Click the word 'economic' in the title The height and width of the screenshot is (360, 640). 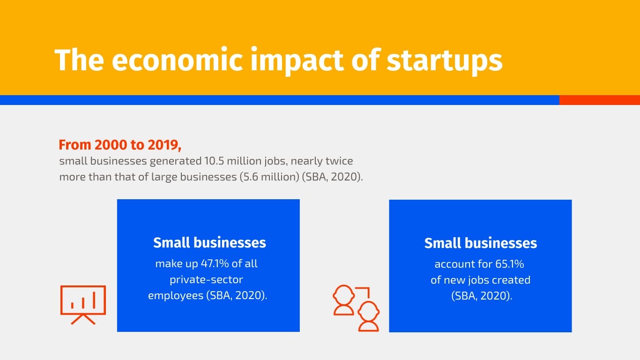[x=177, y=60]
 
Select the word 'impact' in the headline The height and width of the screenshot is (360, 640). [x=297, y=61]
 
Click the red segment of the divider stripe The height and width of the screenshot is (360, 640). [x=599, y=100]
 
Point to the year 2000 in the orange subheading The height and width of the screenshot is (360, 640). [x=111, y=145]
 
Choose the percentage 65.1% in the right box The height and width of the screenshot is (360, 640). [x=510, y=264]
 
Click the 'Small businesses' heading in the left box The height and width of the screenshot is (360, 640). [x=209, y=243]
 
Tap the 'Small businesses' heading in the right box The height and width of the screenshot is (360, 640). [x=481, y=243]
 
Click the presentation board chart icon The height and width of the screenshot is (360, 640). [x=83, y=305]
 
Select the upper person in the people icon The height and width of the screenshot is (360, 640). [x=344, y=300]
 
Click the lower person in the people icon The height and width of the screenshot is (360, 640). [x=369, y=316]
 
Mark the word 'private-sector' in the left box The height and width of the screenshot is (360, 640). [x=206, y=280]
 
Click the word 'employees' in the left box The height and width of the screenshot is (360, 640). [x=175, y=295]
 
